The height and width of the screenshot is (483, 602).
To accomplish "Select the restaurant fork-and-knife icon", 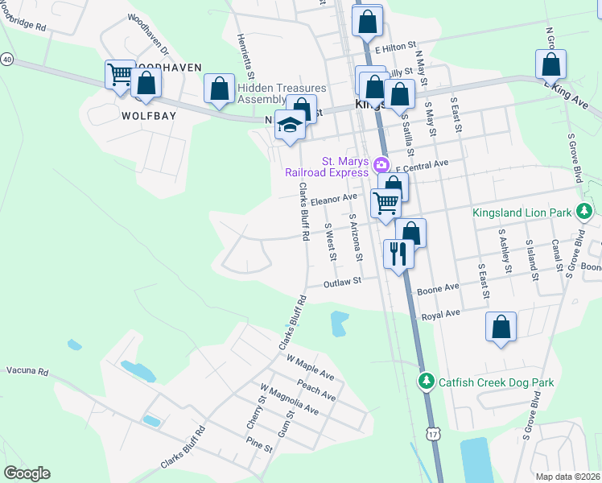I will [x=398, y=254].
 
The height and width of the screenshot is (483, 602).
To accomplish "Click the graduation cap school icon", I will [x=289, y=126].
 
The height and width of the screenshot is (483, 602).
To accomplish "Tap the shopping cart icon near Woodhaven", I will [x=120, y=76].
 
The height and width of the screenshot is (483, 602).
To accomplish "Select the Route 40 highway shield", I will [x=7, y=60].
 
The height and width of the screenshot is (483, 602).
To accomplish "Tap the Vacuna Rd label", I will [x=27, y=372].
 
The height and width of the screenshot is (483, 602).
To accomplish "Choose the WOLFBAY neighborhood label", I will [x=148, y=116].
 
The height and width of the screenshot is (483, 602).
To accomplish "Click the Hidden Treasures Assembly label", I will [x=281, y=93].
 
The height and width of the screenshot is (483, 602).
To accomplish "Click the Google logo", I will [x=27, y=473].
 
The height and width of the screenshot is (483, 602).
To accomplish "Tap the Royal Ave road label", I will [x=440, y=314].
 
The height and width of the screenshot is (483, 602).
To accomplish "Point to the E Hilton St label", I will [x=397, y=48].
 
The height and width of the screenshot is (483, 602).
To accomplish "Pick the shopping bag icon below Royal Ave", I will [x=501, y=327].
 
